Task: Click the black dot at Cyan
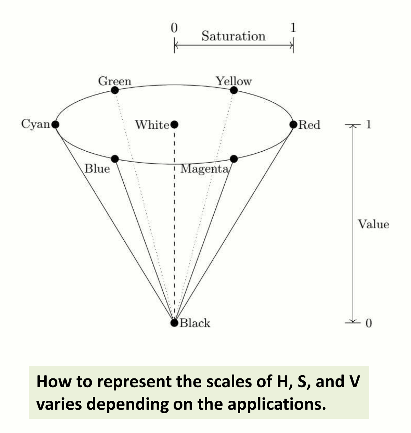[55, 124]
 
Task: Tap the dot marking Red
[293, 124]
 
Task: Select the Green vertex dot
[114, 90]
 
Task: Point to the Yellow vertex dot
[234, 90]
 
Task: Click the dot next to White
[174, 124]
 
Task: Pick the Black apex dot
[174, 323]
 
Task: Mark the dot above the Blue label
[114, 158]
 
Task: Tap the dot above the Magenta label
[234, 158]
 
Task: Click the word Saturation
[233, 36]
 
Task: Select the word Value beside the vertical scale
[373, 224]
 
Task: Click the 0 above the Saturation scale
[174, 28]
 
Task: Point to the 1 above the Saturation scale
[293, 28]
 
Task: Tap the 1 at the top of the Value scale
[368, 124]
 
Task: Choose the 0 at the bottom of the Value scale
[368, 323]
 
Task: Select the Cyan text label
[35, 124]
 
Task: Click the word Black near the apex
[195, 323]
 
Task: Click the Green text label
[114, 81]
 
